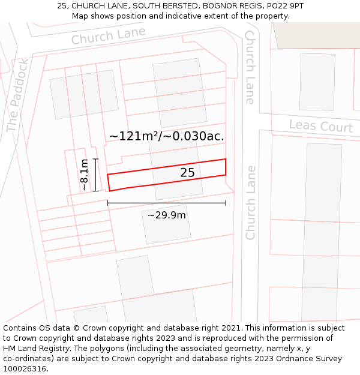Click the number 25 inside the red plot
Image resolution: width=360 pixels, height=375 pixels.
click(187, 173)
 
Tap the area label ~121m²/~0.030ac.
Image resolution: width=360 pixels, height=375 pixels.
click(166, 136)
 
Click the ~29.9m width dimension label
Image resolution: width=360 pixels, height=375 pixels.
click(166, 215)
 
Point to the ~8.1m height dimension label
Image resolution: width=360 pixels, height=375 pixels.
click(85, 175)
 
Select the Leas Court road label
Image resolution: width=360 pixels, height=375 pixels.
click(320, 127)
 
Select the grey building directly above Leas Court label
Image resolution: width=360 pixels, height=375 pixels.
click(317, 82)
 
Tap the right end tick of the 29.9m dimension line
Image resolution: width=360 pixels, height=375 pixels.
click(226, 203)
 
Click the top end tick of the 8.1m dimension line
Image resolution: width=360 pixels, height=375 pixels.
click(95, 159)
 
